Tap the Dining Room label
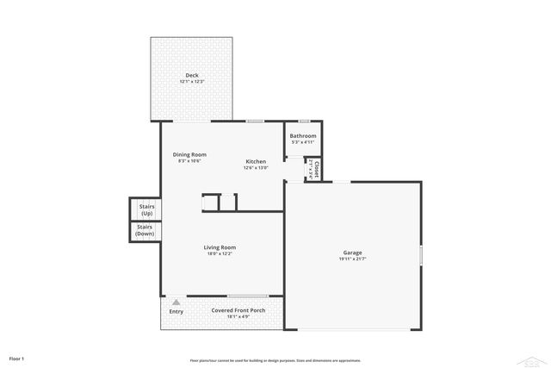coord(189,154)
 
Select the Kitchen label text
coord(256,161)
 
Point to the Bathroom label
coord(302,135)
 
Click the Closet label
coord(317,169)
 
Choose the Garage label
coord(353,253)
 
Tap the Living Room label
coord(220,247)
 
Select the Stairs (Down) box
coord(145,231)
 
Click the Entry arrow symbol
coord(176,303)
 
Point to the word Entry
coord(176,311)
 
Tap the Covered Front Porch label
coord(238,310)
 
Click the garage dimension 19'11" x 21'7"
coord(353,259)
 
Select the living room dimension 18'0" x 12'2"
coord(220,254)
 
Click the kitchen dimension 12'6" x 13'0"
coord(256,168)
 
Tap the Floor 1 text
coord(16,358)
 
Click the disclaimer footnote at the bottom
coord(275,360)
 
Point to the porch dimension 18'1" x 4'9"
coord(238,317)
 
